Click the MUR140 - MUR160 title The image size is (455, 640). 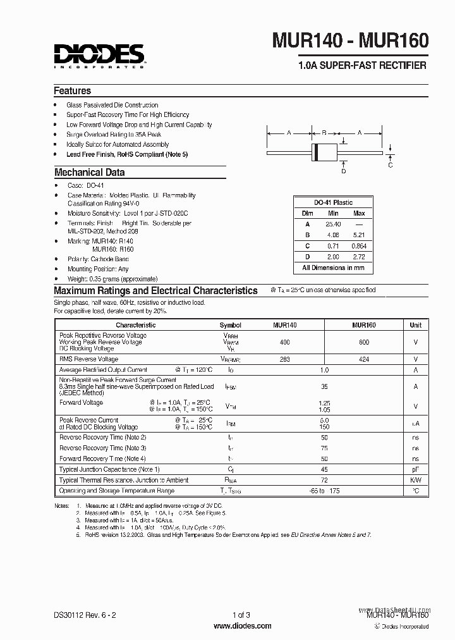[351, 41]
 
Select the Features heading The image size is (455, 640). [72, 90]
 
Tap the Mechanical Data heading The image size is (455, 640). [89, 172]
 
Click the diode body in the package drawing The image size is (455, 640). [324, 152]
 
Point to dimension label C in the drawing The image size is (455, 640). [391, 166]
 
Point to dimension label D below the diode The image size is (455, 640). [344, 171]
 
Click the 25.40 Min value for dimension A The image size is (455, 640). [333, 224]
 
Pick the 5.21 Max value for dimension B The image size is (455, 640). [359, 235]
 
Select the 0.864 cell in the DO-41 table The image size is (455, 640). [359, 245]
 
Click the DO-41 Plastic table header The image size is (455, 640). [333, 202]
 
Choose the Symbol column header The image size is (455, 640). [230, 324]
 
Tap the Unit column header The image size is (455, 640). [415, 324]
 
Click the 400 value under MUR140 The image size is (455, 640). [284, 342]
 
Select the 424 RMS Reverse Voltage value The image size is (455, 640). [363, 359]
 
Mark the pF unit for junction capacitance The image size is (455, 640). [415, 469]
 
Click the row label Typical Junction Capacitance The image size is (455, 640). [109, 469]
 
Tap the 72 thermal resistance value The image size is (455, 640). [324, 480]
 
